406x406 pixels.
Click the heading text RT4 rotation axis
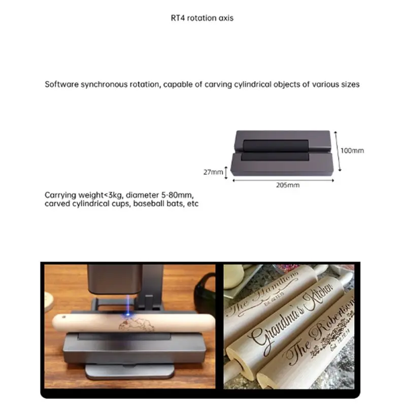(x=202, y=18)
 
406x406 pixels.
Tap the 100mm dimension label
(x=353, y=150)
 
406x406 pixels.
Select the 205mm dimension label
(x=288, y=185)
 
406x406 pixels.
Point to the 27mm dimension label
(x=213, y=172)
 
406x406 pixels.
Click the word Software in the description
(x=60, y=84)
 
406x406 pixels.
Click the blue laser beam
(x=130, y=304)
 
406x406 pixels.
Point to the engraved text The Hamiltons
(x=264, y=292)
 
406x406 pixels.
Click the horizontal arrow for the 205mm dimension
(x=283, y=179)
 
